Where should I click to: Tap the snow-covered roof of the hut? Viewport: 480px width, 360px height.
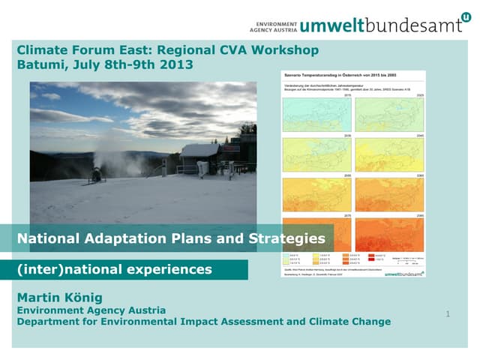[199, 150]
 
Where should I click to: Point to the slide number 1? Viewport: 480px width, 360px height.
[448, 314]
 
